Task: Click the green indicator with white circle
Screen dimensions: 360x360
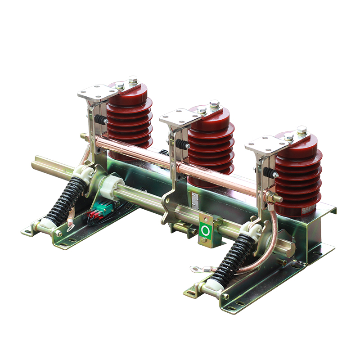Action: click(x=206, y=230)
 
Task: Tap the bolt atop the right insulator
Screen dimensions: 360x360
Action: click(x=301, y=131)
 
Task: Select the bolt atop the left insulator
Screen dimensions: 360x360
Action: click(x=133, y=80)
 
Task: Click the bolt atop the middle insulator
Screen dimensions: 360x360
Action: click(x=215, y=104)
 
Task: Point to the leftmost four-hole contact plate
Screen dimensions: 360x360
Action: click(x=97, y=93)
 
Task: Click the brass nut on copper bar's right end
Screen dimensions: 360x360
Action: click(x=273, y=196)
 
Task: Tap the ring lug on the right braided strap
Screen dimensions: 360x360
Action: click(x=196, y=269)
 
